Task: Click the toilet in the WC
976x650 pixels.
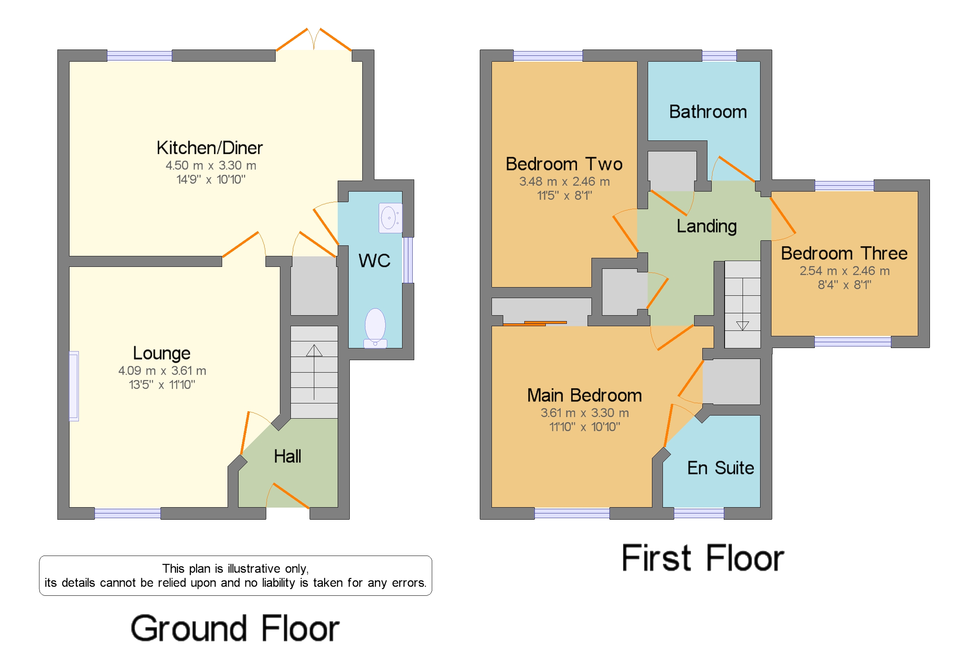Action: tap(375, 327)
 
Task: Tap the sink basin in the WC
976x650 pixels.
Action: tap(389, 218)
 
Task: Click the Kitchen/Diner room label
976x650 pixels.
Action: tap(210, 148)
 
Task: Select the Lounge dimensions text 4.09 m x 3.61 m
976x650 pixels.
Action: tap(162, 371)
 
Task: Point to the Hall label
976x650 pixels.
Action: tap(287, 456)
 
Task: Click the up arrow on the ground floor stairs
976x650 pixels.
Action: tap(314, 352)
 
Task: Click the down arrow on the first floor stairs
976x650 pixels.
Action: tap(742, 325)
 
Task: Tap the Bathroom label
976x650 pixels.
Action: tap(708, 112)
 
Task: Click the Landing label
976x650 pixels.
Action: tap(706, 226)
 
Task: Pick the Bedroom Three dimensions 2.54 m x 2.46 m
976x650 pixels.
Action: tap(844, 271)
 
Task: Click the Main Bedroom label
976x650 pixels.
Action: tap(584, 396)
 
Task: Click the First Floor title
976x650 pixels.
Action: tap(702, 558)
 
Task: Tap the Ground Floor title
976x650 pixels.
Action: tap(235, 629)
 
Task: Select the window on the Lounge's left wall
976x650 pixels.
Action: tap(74, 386)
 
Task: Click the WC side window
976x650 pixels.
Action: tap(408, 260)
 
